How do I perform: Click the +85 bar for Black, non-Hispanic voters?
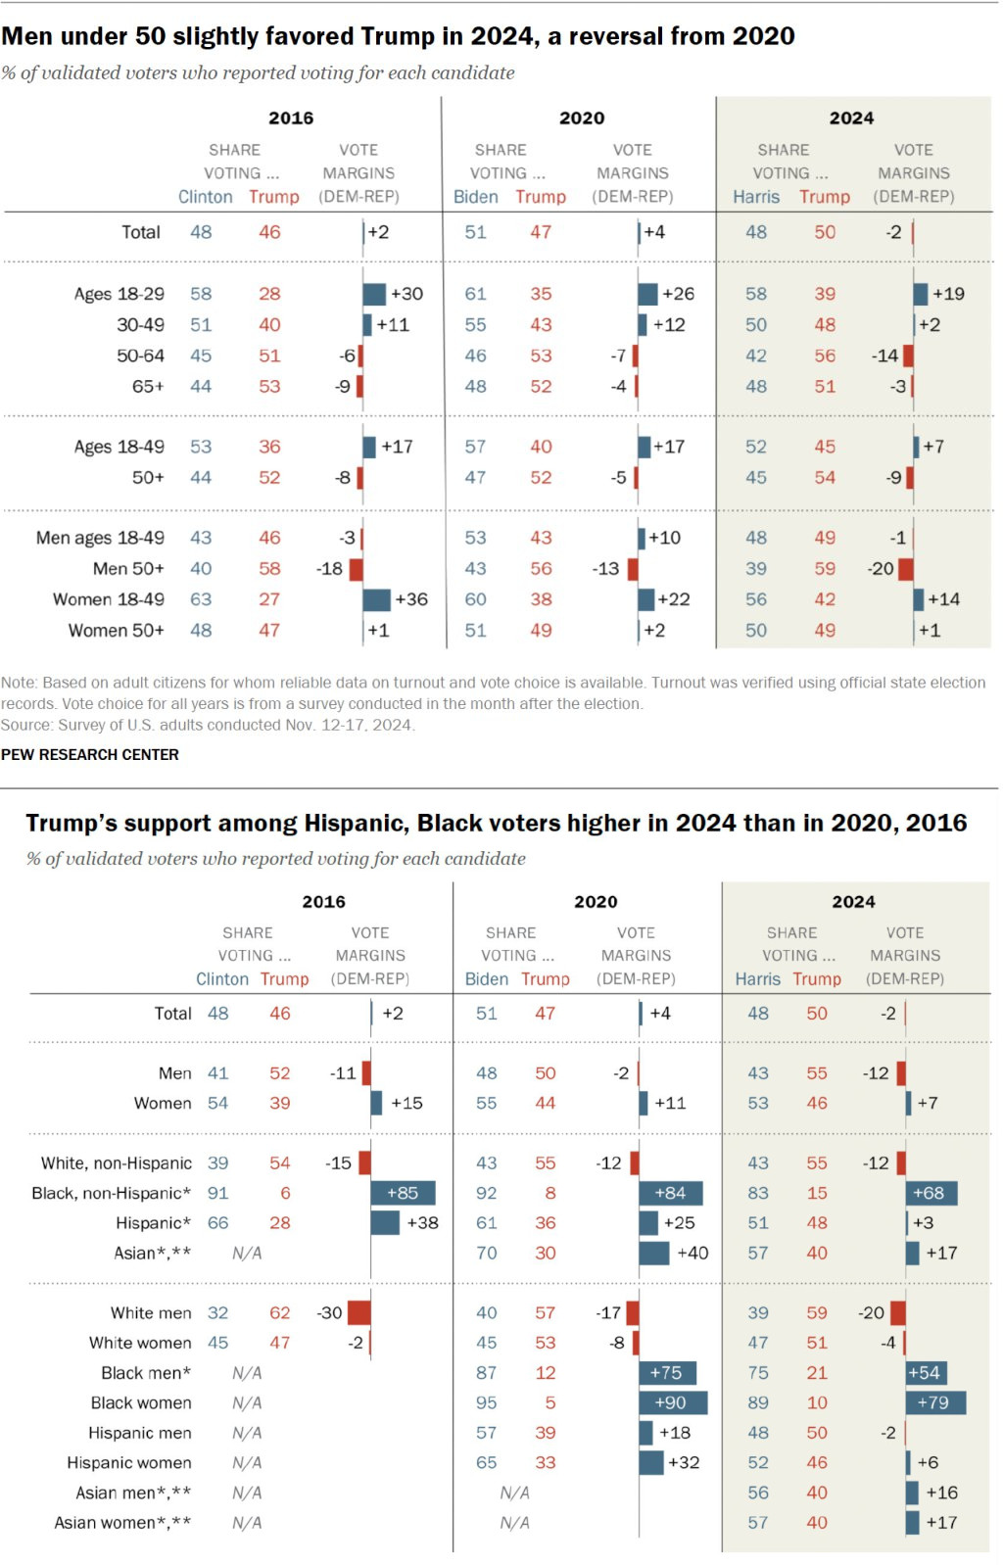coord(403,1193)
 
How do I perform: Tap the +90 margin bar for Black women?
coord(672,1402)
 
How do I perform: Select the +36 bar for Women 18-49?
coord(376,599)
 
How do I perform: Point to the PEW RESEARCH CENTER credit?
coord(90,754)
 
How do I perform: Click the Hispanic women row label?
coord(129,1462)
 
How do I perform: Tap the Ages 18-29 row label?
coord(119,294)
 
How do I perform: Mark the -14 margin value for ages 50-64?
coord(884,356)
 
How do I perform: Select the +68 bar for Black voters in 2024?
coord(931,1193)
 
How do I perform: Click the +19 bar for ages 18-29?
coord(921,294)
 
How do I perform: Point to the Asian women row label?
coord(122,1522)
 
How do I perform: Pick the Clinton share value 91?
coord(217,1193)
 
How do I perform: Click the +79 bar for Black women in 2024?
coord(934,1402)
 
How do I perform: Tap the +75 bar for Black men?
coord(667,1372)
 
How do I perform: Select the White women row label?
coord(140,1343)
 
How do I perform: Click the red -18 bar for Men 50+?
coord(357,568)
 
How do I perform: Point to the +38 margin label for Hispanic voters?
coord(422,1222)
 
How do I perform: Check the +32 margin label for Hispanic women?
coord(684,1462)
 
